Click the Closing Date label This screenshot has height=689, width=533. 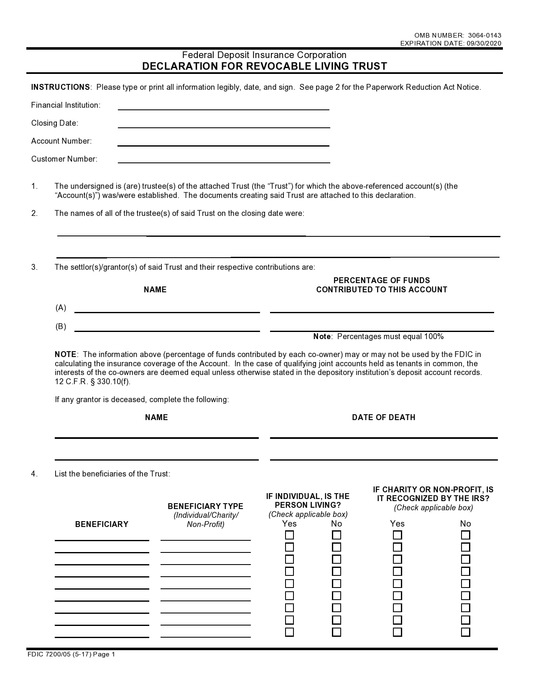click(55, 123)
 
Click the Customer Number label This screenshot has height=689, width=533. click(64, 159)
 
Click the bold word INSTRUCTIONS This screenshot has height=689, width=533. click(60, 87)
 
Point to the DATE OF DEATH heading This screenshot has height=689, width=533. click(383, 418)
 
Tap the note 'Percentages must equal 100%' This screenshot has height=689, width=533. click(378, 337)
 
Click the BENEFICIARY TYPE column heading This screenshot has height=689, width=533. click(205, 507)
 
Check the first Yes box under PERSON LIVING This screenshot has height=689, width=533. click(289, 535)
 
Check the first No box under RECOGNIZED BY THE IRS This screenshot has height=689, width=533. click(465, 535)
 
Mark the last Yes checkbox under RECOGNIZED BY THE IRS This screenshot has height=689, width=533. click(397, 632)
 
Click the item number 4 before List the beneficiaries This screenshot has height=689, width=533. click(34, 474)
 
